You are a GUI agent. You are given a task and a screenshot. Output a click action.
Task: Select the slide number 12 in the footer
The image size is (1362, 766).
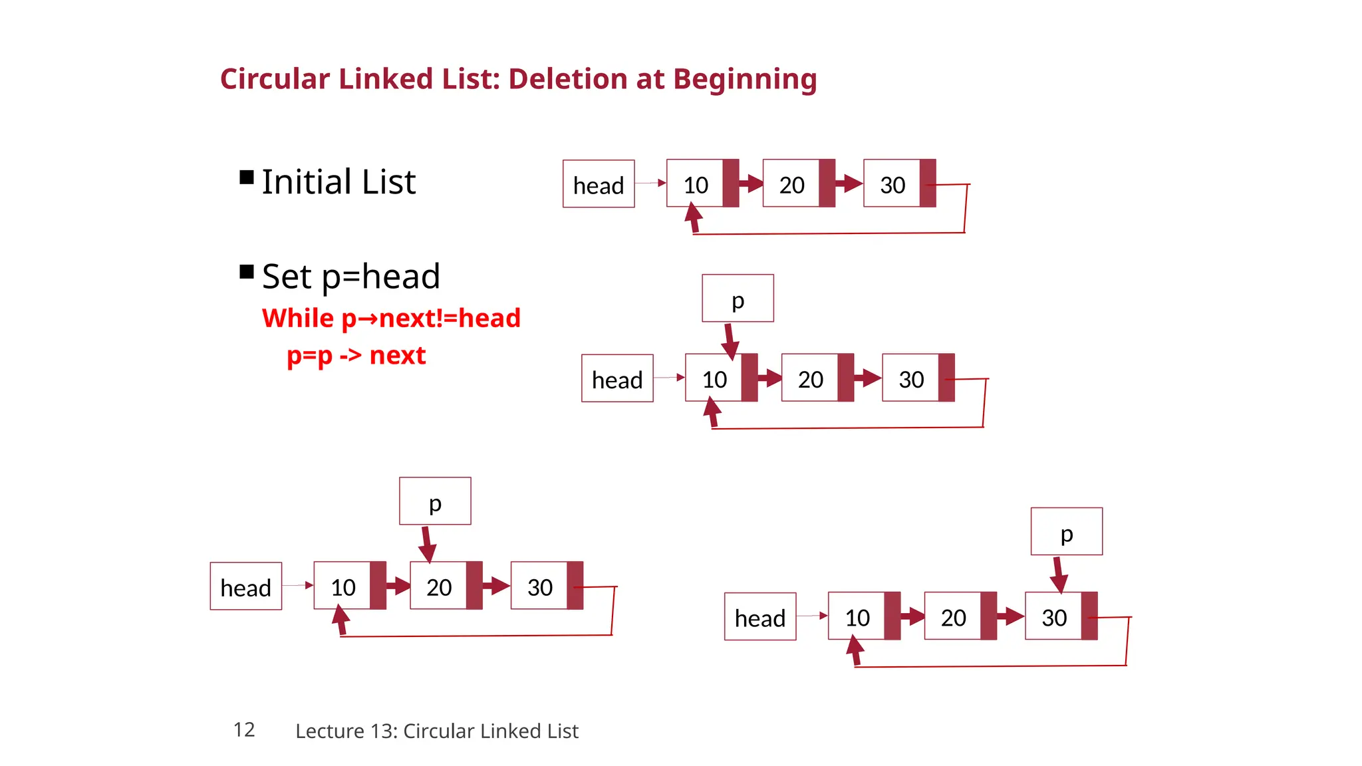pos(244,729)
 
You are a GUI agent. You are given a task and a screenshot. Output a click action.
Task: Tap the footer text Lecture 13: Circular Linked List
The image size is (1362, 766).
pos(436,731)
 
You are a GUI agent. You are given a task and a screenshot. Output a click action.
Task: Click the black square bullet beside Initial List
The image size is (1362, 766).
pos(247,177)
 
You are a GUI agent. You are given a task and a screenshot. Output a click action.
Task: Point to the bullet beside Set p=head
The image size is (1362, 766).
pos(247,271)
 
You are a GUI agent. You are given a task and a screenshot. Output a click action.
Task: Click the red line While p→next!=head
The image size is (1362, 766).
pos(391,318)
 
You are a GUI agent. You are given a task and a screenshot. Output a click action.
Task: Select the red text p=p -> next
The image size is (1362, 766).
pos(356,356)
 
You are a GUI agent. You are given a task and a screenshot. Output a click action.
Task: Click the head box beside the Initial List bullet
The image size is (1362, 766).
pos(599,184)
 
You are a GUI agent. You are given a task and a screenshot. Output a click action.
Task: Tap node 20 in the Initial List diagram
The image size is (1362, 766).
pos(791,184)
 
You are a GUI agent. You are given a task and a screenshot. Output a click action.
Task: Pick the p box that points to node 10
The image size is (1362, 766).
pos(738,299)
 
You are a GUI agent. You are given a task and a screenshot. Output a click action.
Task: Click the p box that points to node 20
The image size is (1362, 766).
pos(435,501)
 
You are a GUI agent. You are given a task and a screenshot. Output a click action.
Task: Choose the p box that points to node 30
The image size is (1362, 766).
pos(1066,532)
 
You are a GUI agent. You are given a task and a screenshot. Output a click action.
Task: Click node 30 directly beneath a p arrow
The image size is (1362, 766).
pos(1054,617)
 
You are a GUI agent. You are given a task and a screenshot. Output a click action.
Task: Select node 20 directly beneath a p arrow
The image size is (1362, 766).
pos(439,586)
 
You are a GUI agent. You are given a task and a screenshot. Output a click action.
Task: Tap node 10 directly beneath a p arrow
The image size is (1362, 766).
pos(714,379)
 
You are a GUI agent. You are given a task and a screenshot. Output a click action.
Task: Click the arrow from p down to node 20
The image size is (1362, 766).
pos(427,544)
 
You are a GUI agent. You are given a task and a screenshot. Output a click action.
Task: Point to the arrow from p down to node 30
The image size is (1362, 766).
pos(1058,574)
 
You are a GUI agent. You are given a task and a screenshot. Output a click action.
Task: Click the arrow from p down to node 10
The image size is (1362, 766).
pos(730,340)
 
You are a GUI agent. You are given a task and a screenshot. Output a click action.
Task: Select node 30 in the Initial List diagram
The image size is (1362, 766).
pos(892,184)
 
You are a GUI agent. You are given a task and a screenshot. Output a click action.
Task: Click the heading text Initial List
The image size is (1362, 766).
pos(339,182)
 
